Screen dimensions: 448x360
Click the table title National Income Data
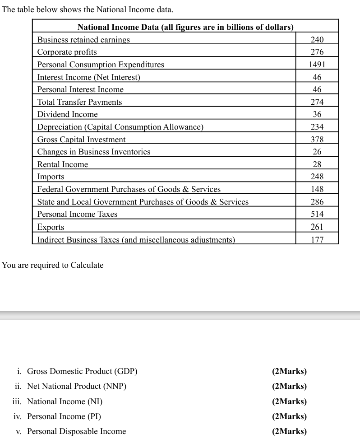185,27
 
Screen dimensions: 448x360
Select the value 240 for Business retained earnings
317,40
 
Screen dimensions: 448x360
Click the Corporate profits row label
67,52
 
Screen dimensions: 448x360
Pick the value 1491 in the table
317,65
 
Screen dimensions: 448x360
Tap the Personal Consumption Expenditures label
101,65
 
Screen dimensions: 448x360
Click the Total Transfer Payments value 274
317,102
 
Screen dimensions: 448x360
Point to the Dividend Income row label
67,114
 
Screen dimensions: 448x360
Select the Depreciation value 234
317,127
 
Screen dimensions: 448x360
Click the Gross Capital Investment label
81,140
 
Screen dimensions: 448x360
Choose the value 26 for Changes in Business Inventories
317,152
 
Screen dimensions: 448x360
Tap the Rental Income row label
63,164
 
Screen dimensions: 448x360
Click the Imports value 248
317,177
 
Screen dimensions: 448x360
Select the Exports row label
51,227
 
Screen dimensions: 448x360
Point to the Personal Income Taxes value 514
317,214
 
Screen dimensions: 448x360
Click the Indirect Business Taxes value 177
317,239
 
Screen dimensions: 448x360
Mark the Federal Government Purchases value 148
317,189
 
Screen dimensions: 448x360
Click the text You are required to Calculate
53,265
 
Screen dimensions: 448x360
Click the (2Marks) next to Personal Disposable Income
289,431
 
